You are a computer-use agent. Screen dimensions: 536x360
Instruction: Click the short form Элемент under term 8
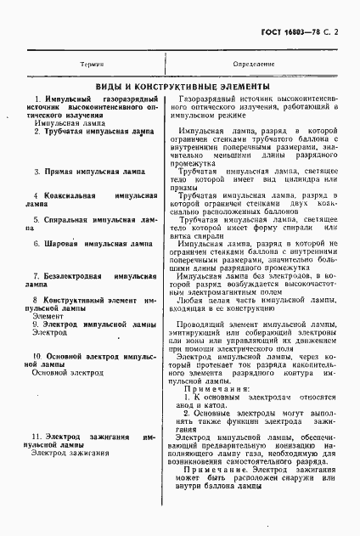tap(42, 316)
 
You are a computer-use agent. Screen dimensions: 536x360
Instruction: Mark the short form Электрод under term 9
tap(44, 332)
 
